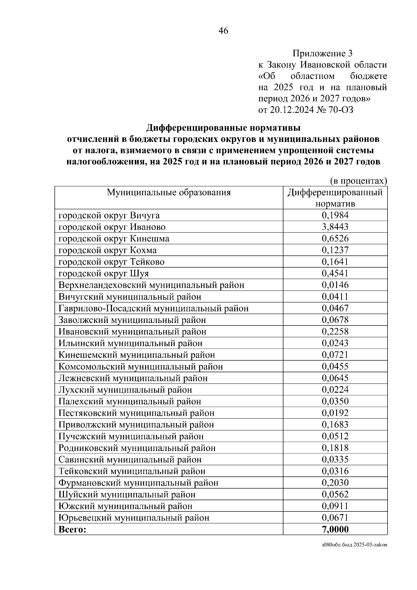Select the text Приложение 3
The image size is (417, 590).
[322, 54]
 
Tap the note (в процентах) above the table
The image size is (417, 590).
[358, 181]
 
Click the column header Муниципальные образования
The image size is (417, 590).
[169, 192]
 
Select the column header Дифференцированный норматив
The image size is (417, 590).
[335, 197]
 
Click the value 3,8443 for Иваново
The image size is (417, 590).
[335, 227]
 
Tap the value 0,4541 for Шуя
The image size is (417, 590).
[335, 273]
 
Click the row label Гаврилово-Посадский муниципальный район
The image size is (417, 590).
[154, 308]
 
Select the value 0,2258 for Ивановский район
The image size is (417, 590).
[335, 332]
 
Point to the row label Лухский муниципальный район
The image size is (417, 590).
[125, 390]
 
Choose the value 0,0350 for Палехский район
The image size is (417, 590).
[335, 401]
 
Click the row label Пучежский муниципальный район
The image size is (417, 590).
[131, 436]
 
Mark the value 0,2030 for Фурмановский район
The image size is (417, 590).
[335, 483]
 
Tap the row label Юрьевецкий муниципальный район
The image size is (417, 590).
[134, 518]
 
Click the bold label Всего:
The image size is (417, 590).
[72, 529]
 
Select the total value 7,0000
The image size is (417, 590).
[335, 529]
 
